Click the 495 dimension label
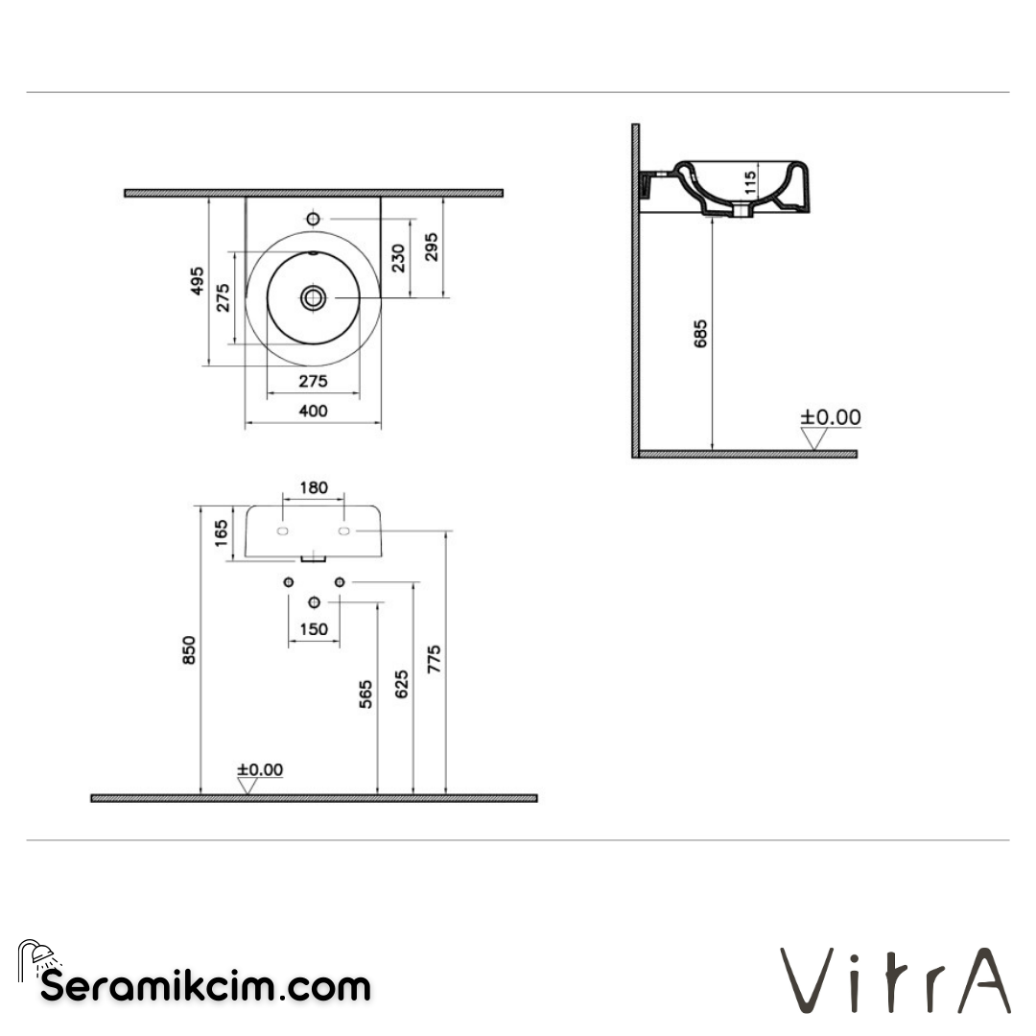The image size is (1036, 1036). click(x=197, y=280)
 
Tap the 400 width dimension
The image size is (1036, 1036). click(x=313, y=411)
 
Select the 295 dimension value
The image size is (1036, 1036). click(x=433, y=251)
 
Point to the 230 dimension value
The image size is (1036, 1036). click(x=398, y=257)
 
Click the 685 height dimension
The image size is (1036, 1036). click(x=700, y=333)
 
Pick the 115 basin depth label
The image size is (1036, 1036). click(x=750, y=181)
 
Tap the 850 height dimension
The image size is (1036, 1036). click(x=190, y=649)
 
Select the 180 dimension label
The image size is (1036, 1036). click(x=313, y=487)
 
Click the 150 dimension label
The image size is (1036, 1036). click(x=313, y=629)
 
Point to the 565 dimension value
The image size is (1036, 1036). click(x=365, y=695)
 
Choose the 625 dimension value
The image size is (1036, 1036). click(x=402, y=683)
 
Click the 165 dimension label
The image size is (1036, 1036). click(x=222, y=531)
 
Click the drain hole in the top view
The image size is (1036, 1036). click(x=313, y=297)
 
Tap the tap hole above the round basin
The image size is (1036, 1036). click(x=313, y=220)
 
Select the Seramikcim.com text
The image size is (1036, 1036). click(x=205, y=985)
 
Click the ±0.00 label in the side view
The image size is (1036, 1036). click(x=831, y=417)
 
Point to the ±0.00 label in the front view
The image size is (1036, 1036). click(x=260, y=769)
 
